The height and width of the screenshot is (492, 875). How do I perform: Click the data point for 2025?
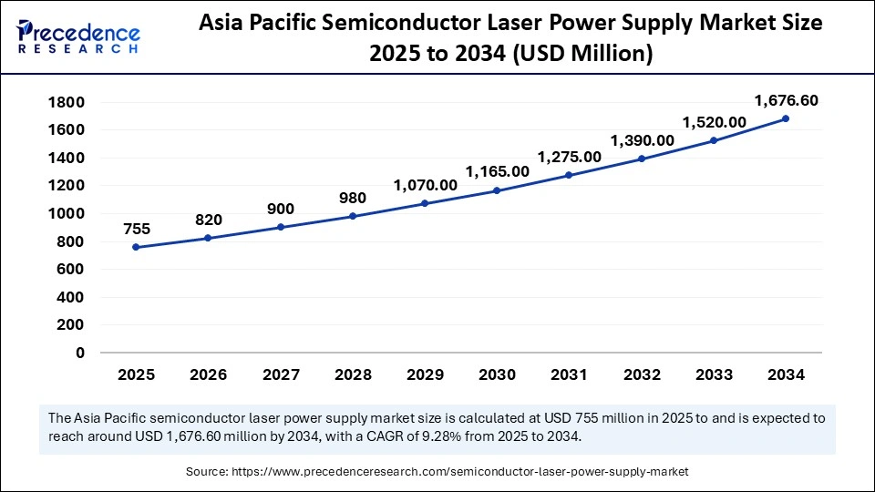136,247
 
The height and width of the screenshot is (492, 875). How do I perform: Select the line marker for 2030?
497,190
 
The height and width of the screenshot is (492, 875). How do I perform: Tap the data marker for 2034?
785,118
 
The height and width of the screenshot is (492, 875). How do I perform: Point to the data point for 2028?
352,216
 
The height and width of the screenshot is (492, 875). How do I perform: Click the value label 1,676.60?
785,101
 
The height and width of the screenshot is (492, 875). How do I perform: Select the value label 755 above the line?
136,230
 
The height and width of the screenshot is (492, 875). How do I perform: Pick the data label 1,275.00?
569,157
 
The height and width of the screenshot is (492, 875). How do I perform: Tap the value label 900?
280,209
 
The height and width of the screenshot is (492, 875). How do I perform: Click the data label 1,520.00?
713,122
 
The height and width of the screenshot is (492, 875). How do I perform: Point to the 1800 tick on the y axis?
68,102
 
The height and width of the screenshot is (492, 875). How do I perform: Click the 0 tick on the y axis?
80,353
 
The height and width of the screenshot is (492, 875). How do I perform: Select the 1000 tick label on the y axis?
68,213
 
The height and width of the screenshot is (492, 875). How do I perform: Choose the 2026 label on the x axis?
208,374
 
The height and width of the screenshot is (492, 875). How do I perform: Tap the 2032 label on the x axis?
641,374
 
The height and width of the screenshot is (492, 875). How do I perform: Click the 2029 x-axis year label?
425,374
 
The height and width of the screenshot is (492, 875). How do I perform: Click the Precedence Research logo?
78,38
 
